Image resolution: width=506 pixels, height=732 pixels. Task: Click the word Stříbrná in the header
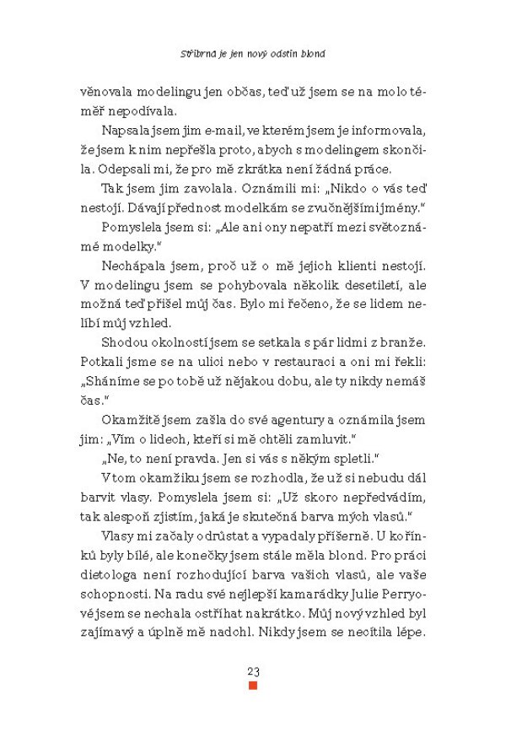(199, 52)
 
